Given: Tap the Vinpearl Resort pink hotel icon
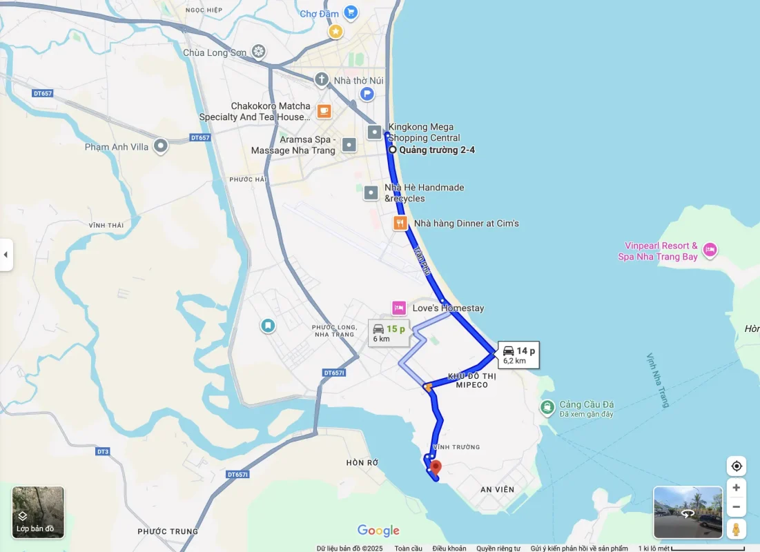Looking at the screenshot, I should click(x=710, y=249).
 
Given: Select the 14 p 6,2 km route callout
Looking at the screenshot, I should click(x=518, y=355).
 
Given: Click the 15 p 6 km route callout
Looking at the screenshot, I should click(x=388, y=333).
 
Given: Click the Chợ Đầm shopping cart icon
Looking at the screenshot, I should click(x=351, y=12).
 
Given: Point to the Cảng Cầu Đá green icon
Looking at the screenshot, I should click(x=547, y=408).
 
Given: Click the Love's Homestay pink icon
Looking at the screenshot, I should click(x=399, y=308).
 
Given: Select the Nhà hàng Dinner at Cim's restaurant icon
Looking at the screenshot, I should click(x=400, y=223).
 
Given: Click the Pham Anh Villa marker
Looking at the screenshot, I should click(x=161, y=146).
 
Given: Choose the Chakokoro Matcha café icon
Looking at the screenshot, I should click(x=324, y=110).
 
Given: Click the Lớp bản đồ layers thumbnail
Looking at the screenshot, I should click(x=38, y=512).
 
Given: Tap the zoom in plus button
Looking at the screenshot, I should click(x=737, y=488).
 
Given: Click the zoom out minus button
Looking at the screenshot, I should click(x=737, y=507).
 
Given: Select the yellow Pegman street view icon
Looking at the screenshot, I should click(x=737, y=529).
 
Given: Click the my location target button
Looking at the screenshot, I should click(x=737, y=466).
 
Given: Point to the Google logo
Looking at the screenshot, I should click(x=378, y=530).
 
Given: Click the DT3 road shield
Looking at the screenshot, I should click(x=103, y=451).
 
